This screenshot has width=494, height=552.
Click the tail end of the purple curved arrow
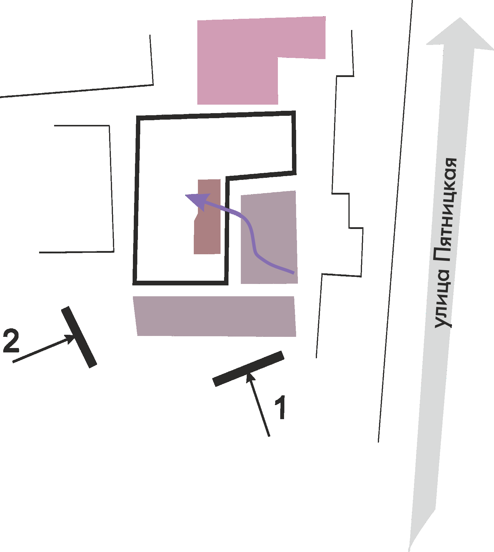pos(293,273)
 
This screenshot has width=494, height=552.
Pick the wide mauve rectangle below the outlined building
pos(215,316)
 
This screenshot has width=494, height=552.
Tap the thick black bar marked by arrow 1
pos(248,369)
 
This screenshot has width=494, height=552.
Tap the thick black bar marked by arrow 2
pos(79,337)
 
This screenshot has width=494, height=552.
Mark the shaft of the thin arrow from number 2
pos(41,350)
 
